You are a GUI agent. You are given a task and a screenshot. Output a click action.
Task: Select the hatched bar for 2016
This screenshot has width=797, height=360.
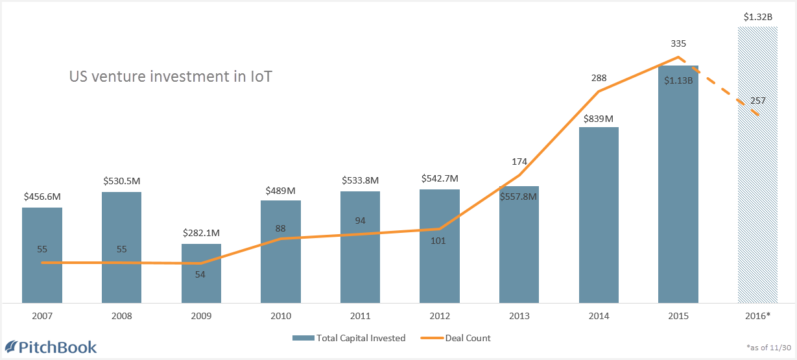[757, 195]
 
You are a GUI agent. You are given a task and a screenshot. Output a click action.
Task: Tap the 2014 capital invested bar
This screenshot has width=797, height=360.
[599, 215]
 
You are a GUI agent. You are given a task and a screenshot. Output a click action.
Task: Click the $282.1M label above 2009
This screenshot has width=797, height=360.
[201, 233]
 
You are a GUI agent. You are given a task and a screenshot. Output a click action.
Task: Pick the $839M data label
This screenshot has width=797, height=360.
[599, 118]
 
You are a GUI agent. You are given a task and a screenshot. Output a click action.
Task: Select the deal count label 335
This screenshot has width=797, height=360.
[678, 44]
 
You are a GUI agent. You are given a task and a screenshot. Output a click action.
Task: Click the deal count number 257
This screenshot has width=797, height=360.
[757, 101]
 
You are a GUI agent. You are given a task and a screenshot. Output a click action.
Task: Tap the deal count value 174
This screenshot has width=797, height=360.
[519, 162]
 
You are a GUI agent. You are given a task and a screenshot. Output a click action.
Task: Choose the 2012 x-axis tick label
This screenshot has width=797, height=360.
[440, 317]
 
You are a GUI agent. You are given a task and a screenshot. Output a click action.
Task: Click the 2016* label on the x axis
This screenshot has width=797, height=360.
[757, 317]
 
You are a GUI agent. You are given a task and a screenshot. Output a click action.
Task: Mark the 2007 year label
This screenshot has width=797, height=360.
[42, 317]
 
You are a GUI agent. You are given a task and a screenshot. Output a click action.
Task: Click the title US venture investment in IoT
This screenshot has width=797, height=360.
[171, 77]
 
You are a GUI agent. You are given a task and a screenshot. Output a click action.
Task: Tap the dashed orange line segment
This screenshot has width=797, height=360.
[720, 88]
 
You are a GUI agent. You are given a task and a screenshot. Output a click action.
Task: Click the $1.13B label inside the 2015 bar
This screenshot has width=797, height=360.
[678, 81]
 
